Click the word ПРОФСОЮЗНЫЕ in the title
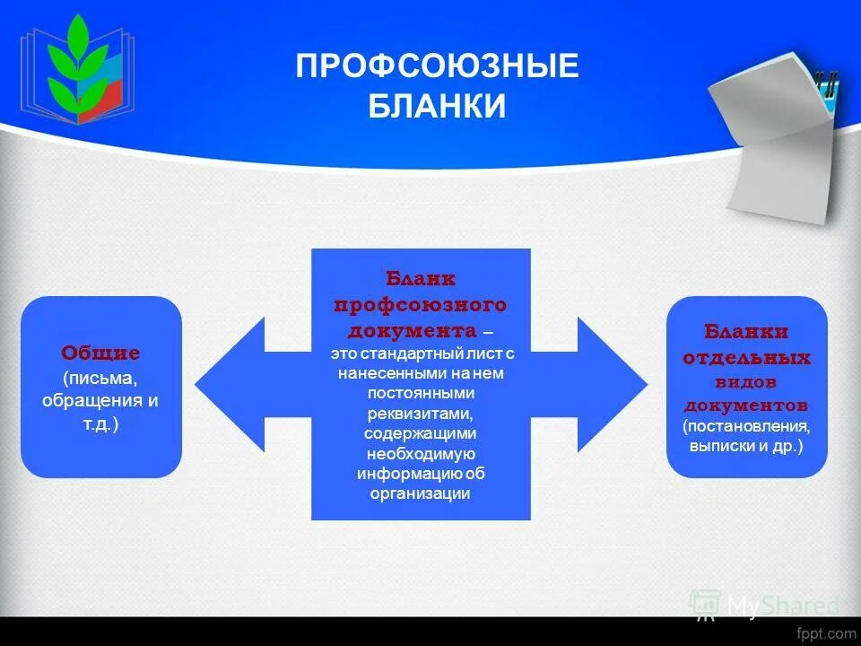[437, 68]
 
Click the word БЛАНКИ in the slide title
[437, 107]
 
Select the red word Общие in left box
[100, 354]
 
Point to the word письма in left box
[100, 377]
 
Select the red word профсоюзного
[421, 304]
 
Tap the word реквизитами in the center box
[420, 414]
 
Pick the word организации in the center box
[420, 493]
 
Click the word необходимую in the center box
[420, 453]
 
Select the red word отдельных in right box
[746, 358]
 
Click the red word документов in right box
[746, 404]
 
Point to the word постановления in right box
[746, 425]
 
